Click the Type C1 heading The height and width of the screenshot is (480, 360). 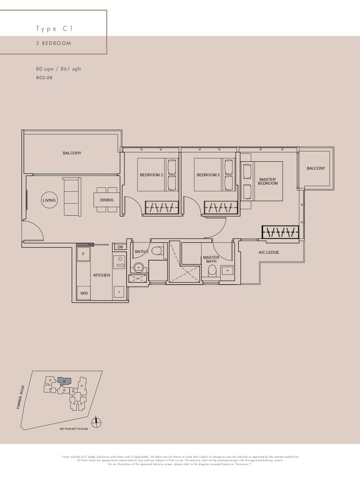tap(54, 29)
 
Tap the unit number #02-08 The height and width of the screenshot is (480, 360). tap(44, 78)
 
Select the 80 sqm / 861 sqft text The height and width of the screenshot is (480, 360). tap(58, 69)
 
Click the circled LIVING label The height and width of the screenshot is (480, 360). tap(49, 200)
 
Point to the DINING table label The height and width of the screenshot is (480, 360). tap(107, 200)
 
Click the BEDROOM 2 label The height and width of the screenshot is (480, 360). tap(151, 175)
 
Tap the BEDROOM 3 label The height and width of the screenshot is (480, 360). tap(208, 175)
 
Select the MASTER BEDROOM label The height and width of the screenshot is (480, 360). tap(268, 181)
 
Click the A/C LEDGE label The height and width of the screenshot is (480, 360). tap(269, 252)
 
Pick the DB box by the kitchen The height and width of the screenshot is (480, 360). tap(120, 247)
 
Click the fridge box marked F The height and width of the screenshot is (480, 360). tap(83, 254)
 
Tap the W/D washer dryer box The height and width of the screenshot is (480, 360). tap(84, 293)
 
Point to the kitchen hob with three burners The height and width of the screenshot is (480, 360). tap(119, 262)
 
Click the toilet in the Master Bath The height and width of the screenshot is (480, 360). tap(212, 271)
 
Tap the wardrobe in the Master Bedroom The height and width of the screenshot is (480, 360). tap(280, 232)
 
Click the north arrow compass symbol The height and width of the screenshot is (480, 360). tap(96, 423)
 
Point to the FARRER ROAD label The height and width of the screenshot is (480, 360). tap(21, 397)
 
